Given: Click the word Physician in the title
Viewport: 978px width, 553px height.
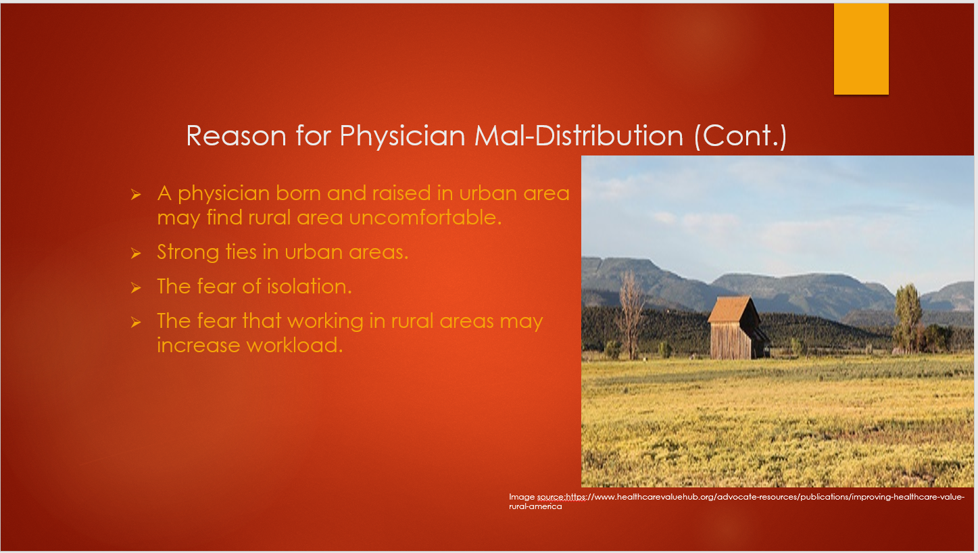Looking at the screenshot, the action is coord(402,137).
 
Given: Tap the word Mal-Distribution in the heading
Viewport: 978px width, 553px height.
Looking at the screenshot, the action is coord(579,135).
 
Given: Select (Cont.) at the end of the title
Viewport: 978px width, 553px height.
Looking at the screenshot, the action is coord(740,137).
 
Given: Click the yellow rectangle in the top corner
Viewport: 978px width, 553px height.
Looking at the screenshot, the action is coord(861,49).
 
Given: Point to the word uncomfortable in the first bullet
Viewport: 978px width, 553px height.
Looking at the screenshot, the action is coord(425,217).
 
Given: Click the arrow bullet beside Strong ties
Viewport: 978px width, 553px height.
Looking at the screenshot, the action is coord(136,254).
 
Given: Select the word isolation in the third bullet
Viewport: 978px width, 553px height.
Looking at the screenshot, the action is coord(309,287).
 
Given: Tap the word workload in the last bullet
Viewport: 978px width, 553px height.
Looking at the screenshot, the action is coord(295,345).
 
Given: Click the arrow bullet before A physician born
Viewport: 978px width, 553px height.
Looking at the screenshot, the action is coord(136,195).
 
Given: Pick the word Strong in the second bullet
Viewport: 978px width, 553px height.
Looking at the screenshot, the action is coord(188,253).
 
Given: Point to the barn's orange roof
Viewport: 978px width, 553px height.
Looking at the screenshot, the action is coord(731,310).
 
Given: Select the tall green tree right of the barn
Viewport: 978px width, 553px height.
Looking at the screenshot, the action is coord(908,318).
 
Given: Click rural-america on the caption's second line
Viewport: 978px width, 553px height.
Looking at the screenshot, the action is coord(535,507).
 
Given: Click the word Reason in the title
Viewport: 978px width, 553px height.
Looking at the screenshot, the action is coord(236,136).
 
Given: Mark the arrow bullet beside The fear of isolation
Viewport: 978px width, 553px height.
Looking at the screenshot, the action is coord(136,288).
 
